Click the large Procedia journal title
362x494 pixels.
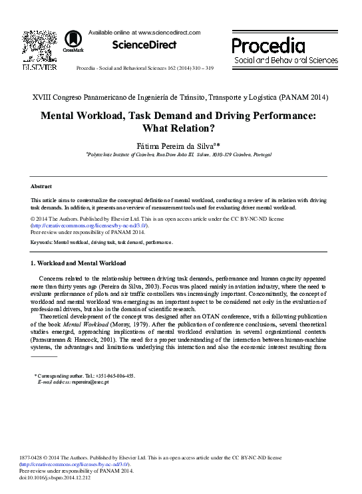point(268,46)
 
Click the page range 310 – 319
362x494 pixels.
point(200,68)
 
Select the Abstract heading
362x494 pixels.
point(41,186)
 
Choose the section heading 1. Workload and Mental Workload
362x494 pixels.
point(79,264)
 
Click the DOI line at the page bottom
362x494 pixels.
point(64,477)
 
